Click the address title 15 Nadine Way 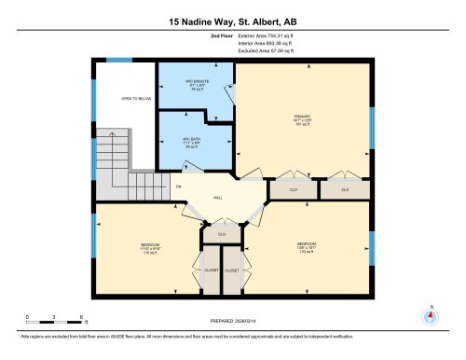(x=232, y=20)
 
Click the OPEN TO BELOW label (x=135, y=98)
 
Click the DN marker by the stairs (x=178, y=187)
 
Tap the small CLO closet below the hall (x=222, y=233)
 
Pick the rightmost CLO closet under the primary (x=343, y=189)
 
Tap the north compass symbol (x=429, y=316)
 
